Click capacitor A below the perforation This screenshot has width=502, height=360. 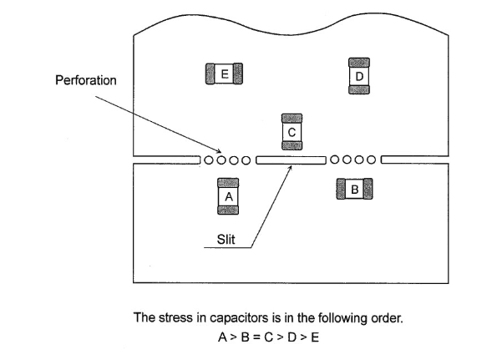pyautogui.click(x=229, y=195)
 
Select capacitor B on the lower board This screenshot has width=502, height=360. pyautogui.click(x=354, y=190)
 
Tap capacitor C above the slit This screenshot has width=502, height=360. pyautogui.click(x=292, y=131)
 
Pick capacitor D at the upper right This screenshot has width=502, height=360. pyautogui.click(x=358, y=77)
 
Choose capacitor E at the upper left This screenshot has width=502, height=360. pyautogui.click(x=224, y=74)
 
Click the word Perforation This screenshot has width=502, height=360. pyautogui.click(x=85, y=81)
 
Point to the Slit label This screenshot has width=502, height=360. pyautogui.click(x=226, y=240)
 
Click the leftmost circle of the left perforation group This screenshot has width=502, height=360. pyautogui.click(x=209, y=160)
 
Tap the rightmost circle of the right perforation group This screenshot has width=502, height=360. pyautogui.click(x=373, y=160)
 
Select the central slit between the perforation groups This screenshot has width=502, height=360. pyautogui.click(x=290, y=160)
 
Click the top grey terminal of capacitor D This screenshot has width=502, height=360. pyautogui.click(x=358, y=62)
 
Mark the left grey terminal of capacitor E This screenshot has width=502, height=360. pyautogui.click(x=210, y=74)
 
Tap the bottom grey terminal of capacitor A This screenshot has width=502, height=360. pyautogui.click(x=229, y=209)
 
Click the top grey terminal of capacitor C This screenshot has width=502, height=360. pyautogui.click(x=292, y=117)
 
